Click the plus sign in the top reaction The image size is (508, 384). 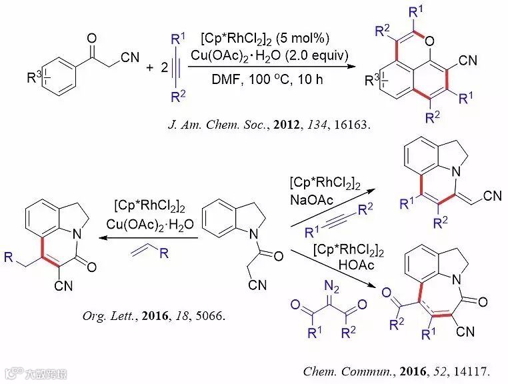[150, 67]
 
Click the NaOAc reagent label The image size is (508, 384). [307, 199]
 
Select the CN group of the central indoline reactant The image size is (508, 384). [251, 287]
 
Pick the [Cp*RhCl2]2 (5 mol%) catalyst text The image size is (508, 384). [261, 37]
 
